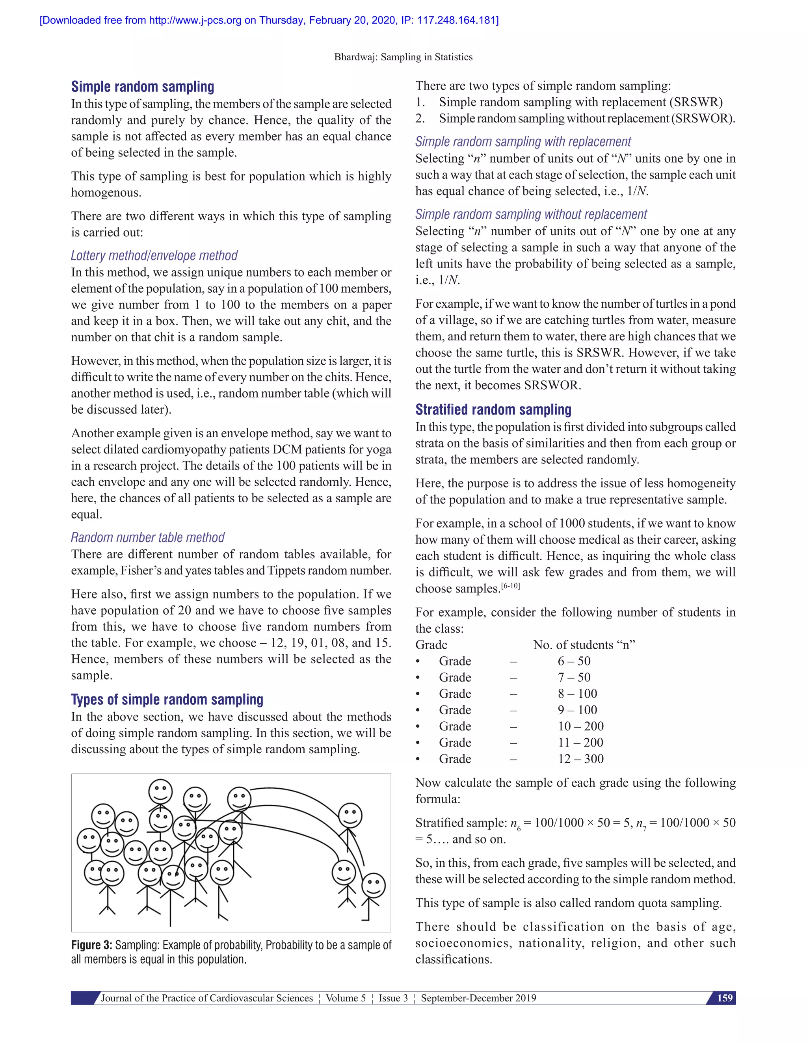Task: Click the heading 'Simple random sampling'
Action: [143, 87]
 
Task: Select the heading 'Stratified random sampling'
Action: [493, 410]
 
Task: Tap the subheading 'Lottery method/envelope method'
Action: [154, 256]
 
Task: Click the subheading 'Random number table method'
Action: [147, 537]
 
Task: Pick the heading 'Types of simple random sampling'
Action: [167, 699]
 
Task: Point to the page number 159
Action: [724, 998]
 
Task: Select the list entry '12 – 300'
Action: [580, 759]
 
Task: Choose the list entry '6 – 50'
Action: [574, 661]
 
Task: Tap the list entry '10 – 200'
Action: [580, 726]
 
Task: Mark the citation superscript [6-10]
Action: [510, 585]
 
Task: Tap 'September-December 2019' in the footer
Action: [478, 998]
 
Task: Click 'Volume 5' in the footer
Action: [345, 998]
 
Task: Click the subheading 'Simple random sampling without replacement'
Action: [531, 214]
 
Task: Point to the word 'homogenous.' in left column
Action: [106, 193]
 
